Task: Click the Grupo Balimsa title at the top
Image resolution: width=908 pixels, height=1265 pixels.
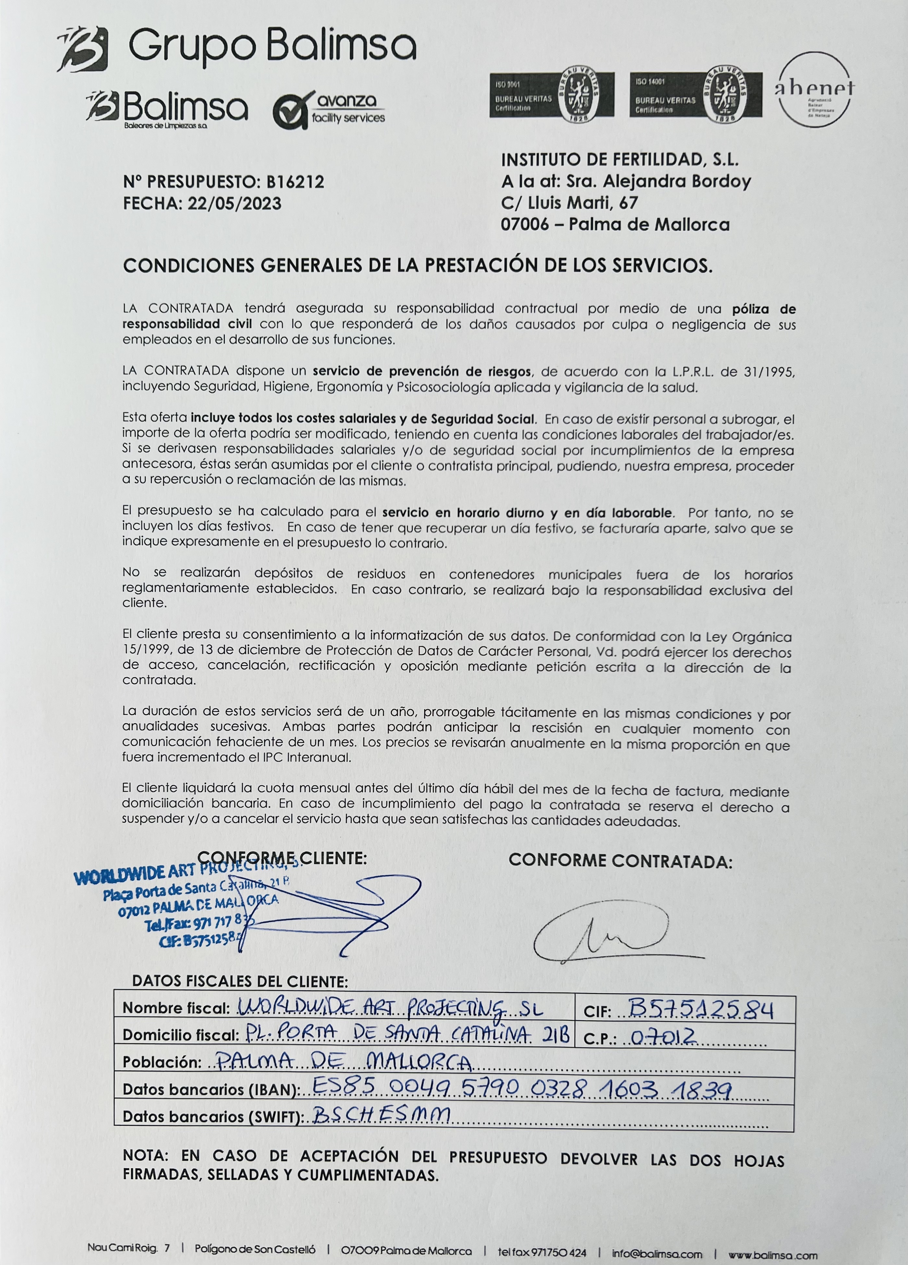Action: [x=272, y=47]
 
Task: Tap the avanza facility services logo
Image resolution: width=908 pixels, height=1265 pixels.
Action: [x=329, y=110]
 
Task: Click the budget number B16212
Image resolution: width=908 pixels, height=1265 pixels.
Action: [x=295, y=182]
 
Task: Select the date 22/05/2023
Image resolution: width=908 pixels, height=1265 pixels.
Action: [x=235, y=203]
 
